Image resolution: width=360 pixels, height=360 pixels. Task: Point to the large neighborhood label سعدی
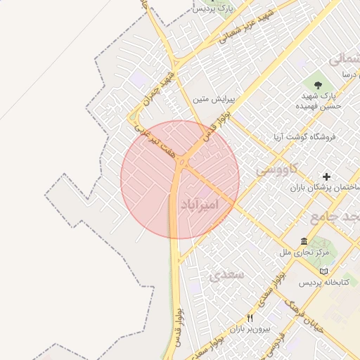(x=226, y=274)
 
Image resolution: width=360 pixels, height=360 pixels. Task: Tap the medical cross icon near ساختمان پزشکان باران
(x=326, y=176)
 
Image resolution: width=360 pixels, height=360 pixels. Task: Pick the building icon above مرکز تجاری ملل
(x=304, y=241)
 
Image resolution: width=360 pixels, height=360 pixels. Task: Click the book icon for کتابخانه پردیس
(x=323, y=271)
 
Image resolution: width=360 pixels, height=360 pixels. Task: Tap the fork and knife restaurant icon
(x=250, y=318)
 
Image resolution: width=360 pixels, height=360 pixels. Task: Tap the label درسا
(x=349, y=74)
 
